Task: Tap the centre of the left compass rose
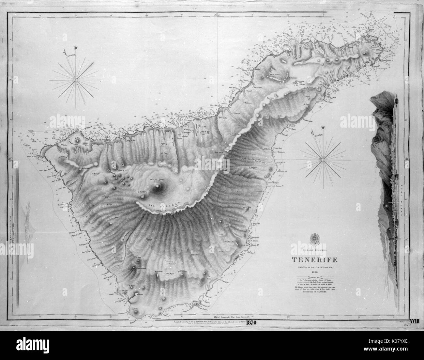click(x=76, y=79)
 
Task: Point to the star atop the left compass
click(x=76, y=48)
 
